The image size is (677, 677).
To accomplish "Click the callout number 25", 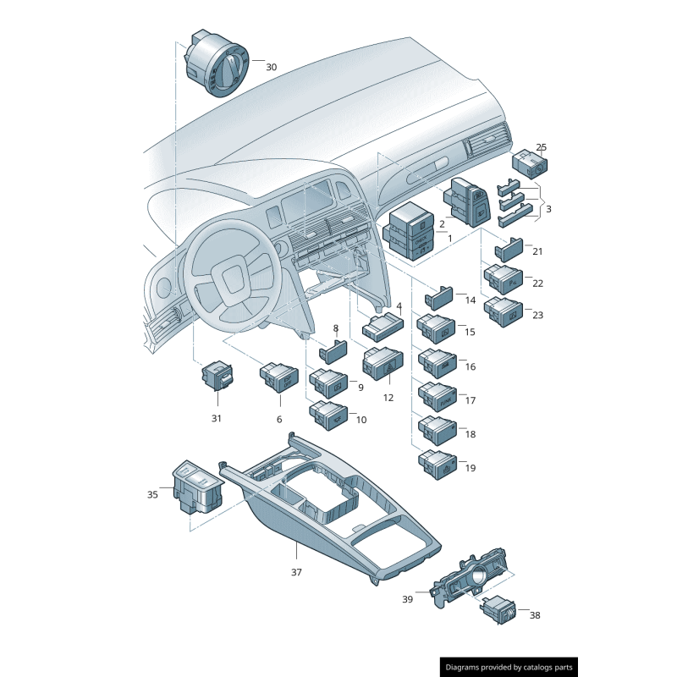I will coord(542,147).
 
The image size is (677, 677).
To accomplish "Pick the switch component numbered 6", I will coord(278,376).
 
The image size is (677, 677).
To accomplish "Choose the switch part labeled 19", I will coord(438,465).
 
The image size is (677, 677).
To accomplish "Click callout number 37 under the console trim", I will coord(296,572).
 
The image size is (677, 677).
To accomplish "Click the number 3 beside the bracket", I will coord(548,208).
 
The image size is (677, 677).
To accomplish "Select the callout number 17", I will coord(471,400).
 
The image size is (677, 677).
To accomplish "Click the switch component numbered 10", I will coord(327,413).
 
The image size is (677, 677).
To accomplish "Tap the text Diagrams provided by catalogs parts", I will coord(509,667).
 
